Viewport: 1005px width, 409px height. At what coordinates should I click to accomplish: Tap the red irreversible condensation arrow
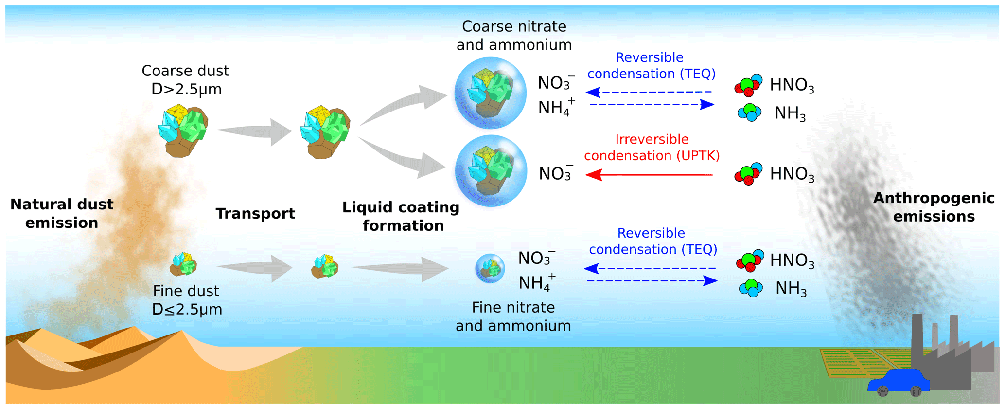[649, 175]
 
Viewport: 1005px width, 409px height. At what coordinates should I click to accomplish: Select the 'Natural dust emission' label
[62, 213]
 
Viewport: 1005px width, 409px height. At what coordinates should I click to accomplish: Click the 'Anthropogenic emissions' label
[934, 207]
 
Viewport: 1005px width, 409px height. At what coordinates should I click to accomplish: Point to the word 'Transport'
[255, 213]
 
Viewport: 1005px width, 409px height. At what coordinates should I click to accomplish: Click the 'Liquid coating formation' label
[401, 216]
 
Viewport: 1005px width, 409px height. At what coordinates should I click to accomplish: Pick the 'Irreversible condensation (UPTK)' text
[652, 148]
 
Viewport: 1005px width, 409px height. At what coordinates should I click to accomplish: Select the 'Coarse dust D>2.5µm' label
[186, 80]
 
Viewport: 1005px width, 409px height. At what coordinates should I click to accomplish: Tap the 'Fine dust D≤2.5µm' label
[187, 300]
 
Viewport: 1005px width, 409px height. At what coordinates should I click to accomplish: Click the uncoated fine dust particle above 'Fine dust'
[183, 264]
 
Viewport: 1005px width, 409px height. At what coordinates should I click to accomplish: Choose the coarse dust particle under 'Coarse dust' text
[183, 130]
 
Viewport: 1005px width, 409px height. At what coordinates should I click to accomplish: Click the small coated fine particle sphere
[490, 268]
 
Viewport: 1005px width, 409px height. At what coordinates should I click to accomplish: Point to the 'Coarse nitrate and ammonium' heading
[514, 36]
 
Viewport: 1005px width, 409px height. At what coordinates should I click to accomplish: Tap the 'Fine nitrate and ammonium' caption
[513, 316]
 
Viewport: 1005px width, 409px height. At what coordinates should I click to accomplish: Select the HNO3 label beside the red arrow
[792, 174]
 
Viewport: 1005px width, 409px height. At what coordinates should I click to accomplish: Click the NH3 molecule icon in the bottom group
[751, 288]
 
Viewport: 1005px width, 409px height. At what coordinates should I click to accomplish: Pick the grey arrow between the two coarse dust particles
[254, 131]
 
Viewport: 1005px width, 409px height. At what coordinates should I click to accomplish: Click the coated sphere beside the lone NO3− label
[491, 171]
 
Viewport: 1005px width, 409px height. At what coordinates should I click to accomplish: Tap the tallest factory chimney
[917, 336]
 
